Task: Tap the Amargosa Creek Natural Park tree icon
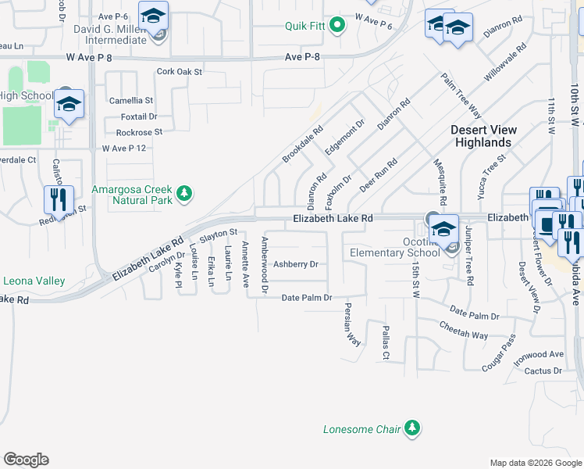point(183,192)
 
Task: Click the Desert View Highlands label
point(481,136)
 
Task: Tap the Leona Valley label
point(34,281)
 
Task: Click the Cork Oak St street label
point(179,71)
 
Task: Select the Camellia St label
point(131,101)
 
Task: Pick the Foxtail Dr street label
point(139,116)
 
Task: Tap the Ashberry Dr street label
point(295,264)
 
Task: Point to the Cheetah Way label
point(464,330)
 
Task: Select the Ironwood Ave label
point(539,354)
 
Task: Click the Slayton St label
point(219,233)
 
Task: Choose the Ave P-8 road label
point(304,57)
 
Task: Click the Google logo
point(26,460)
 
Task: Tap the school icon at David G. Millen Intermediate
point(153,15)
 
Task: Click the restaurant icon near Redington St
point(59,200)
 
